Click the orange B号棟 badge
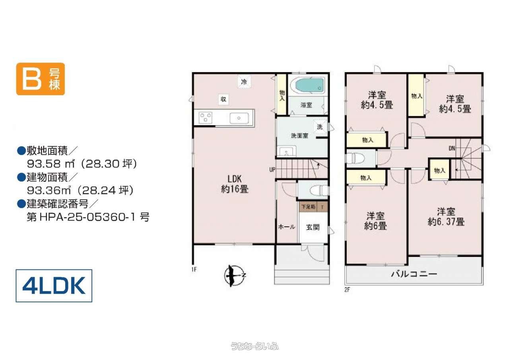pos(41,79)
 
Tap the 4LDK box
pos(54,286)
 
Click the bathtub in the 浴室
pos(309,86)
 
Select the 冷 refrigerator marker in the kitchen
pos(244,82)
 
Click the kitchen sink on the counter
pos(239,118)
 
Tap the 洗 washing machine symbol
pos(320,126)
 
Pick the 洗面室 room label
pos(299,136)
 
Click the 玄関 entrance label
pos(313,227)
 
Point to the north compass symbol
pos(235,276)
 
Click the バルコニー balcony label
pos(414,274)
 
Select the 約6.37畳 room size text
pos(446,222)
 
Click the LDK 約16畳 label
pos(235,184)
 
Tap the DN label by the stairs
pos(452,148)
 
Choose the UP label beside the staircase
pos(272,169)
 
